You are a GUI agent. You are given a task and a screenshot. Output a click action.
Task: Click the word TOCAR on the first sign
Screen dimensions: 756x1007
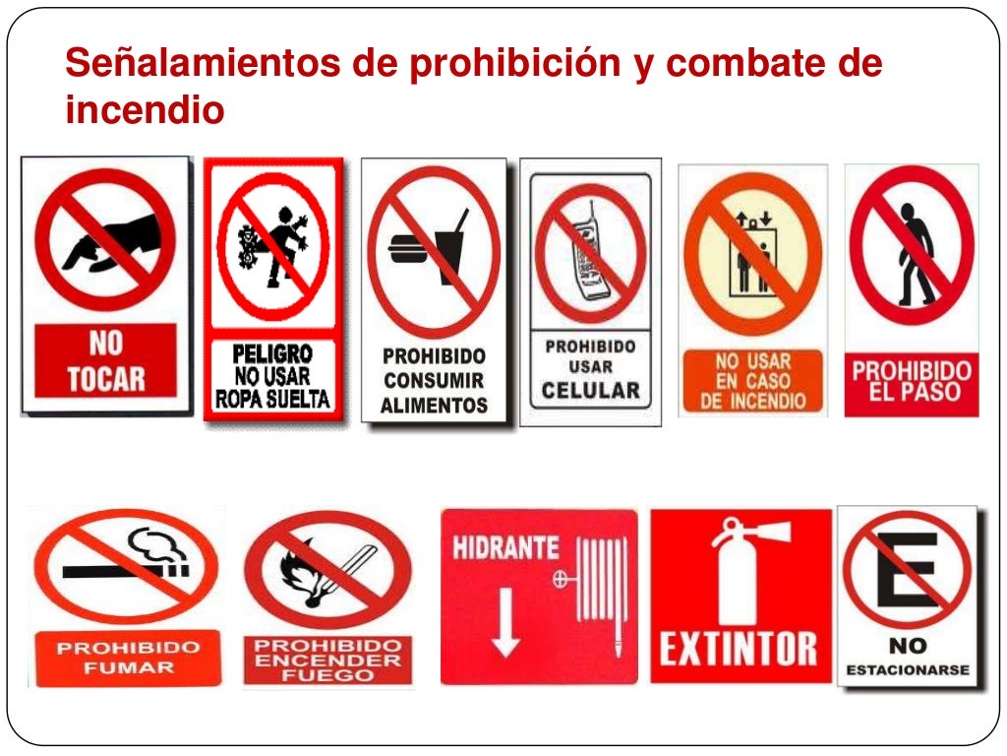(x=105, y=378)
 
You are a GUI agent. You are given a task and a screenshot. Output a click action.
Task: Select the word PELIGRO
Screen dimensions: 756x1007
(x=272, y=353)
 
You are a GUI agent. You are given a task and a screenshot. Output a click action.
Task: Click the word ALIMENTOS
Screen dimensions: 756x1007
(x=434, y=404)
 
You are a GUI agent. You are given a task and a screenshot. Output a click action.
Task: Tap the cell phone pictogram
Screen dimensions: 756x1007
(x=591, y=252)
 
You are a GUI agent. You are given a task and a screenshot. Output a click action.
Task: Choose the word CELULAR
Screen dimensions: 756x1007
(x=591, y=390)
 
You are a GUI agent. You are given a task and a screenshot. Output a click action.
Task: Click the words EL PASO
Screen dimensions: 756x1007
(x=912, y=392)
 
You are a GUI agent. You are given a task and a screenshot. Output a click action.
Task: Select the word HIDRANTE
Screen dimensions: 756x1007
(x=505, y=548)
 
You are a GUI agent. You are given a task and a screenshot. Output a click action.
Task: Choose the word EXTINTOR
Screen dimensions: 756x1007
(x=738, y=649)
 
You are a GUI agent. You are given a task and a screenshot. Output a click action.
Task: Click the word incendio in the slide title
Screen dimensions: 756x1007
(x=145, y=110)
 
